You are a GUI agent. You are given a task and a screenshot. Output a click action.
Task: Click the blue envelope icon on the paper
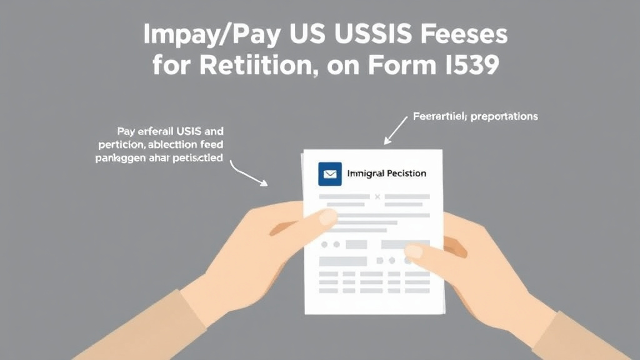point(329,174)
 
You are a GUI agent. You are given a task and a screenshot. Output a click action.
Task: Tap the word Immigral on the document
point(367,173)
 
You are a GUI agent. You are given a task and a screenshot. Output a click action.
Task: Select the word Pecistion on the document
point(407,173)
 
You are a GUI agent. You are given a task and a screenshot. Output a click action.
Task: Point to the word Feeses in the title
point(462,36)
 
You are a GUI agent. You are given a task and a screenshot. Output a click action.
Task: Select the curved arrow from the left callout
point(248,174)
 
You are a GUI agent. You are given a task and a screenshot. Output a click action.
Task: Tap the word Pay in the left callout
point(126,132)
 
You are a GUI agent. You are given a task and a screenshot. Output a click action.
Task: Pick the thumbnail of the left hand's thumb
point(327,217)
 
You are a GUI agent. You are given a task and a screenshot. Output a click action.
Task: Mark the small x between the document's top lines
point(377,197)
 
